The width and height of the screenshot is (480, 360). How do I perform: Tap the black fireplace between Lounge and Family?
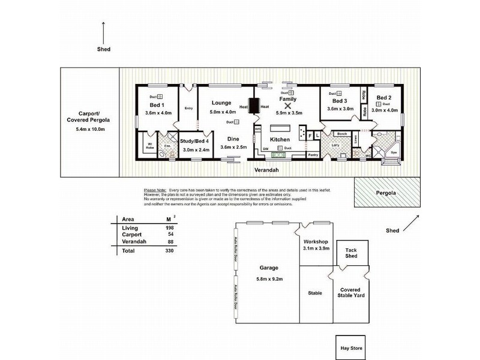[254, 106]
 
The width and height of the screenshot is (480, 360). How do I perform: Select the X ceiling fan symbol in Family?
[287, 106]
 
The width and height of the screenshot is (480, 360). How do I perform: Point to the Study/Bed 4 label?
[194, 140]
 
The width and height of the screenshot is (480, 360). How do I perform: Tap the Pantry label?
[313, 154]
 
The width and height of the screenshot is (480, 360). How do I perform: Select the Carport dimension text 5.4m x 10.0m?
[90, 130]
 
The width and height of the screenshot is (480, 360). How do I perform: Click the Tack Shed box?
[351, 253]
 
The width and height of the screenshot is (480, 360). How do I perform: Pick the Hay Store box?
[349, 348]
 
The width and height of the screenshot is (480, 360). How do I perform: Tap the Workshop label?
[316, 242]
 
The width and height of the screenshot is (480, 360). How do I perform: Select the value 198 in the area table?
[170, 229]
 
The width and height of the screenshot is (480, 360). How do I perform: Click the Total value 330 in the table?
[170, 251]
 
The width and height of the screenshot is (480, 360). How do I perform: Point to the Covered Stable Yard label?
[351, 292]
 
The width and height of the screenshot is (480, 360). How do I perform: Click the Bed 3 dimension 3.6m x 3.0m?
[340, 110]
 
